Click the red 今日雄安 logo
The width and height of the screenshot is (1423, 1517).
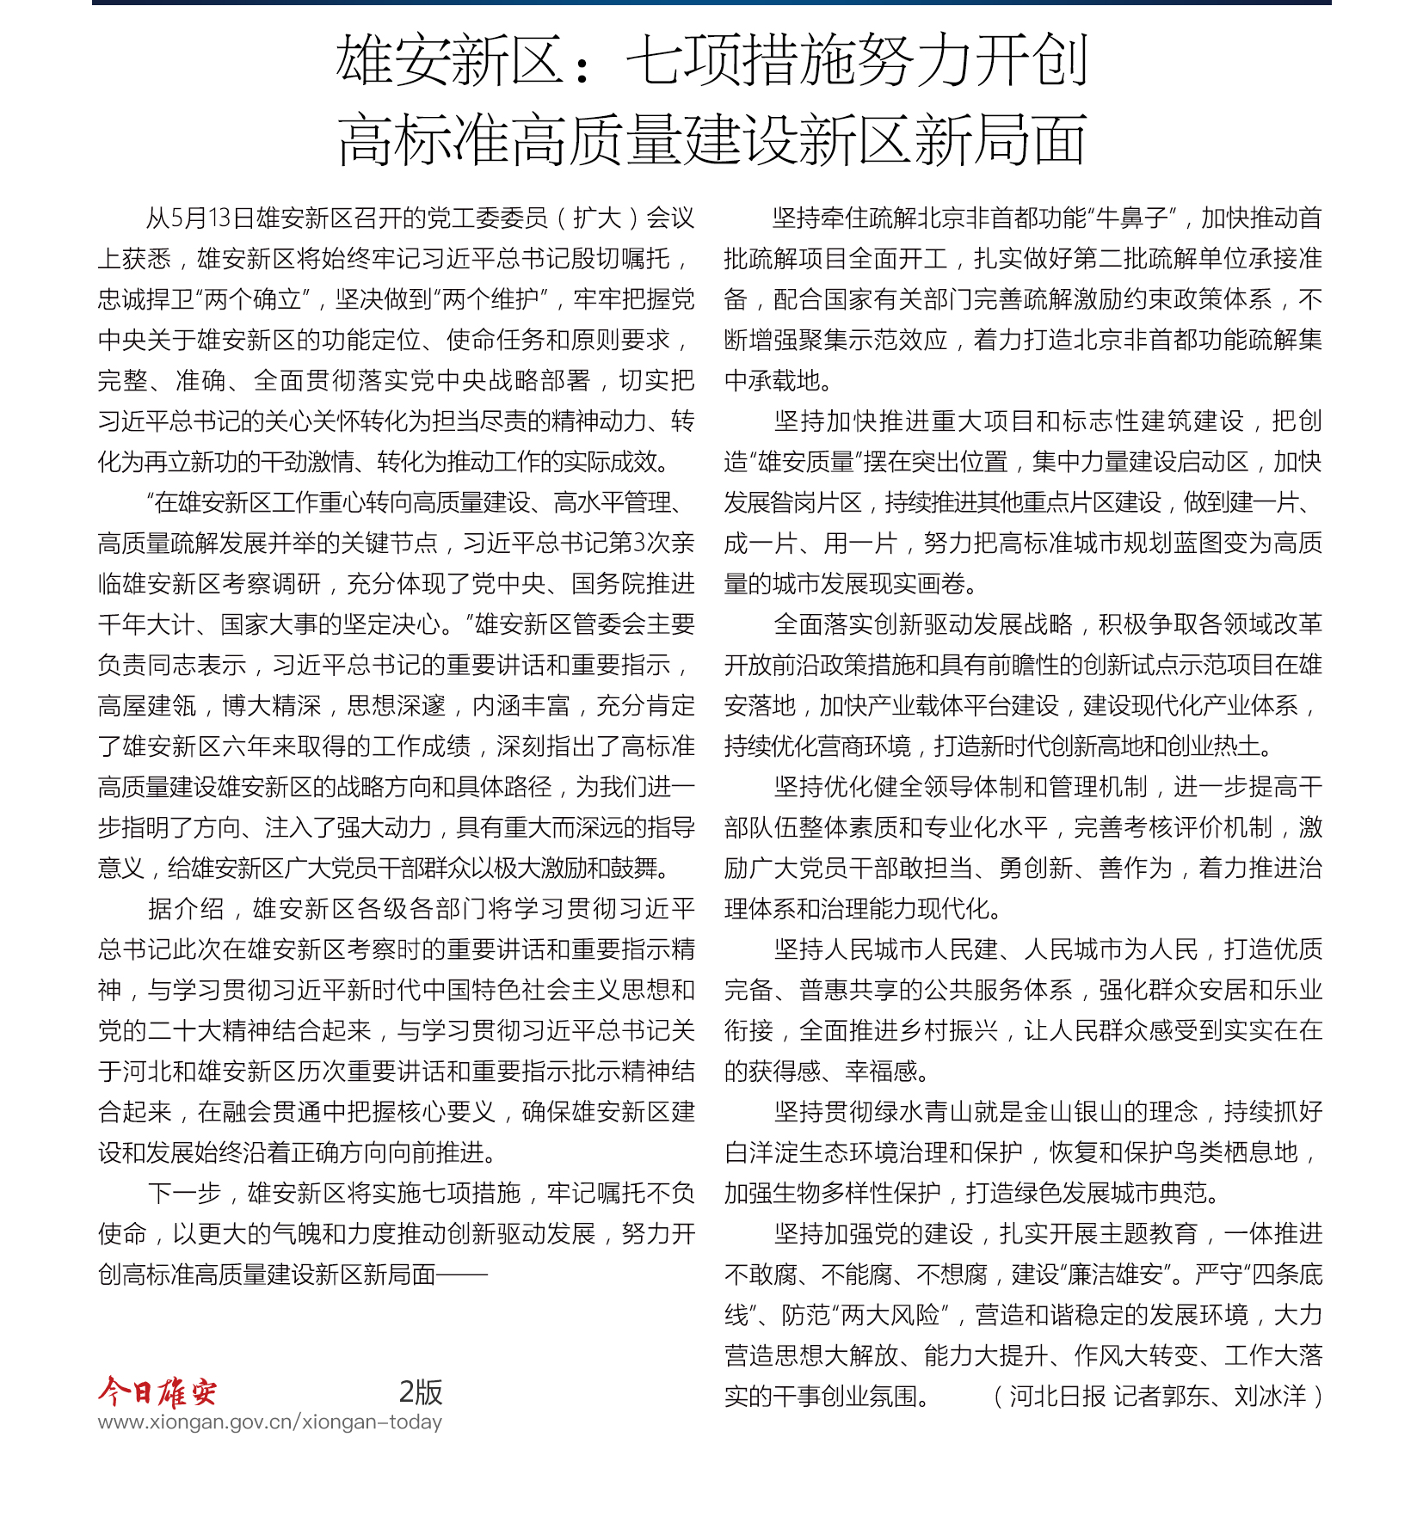157,1391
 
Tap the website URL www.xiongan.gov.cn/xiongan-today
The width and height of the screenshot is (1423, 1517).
269,1422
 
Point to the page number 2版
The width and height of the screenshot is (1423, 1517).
421,1391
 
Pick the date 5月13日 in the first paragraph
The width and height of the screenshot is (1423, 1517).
202,218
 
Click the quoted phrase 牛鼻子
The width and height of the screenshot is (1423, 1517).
1131,218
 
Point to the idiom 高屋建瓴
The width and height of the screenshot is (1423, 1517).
148,706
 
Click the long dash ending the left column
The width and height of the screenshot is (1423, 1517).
462,1274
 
